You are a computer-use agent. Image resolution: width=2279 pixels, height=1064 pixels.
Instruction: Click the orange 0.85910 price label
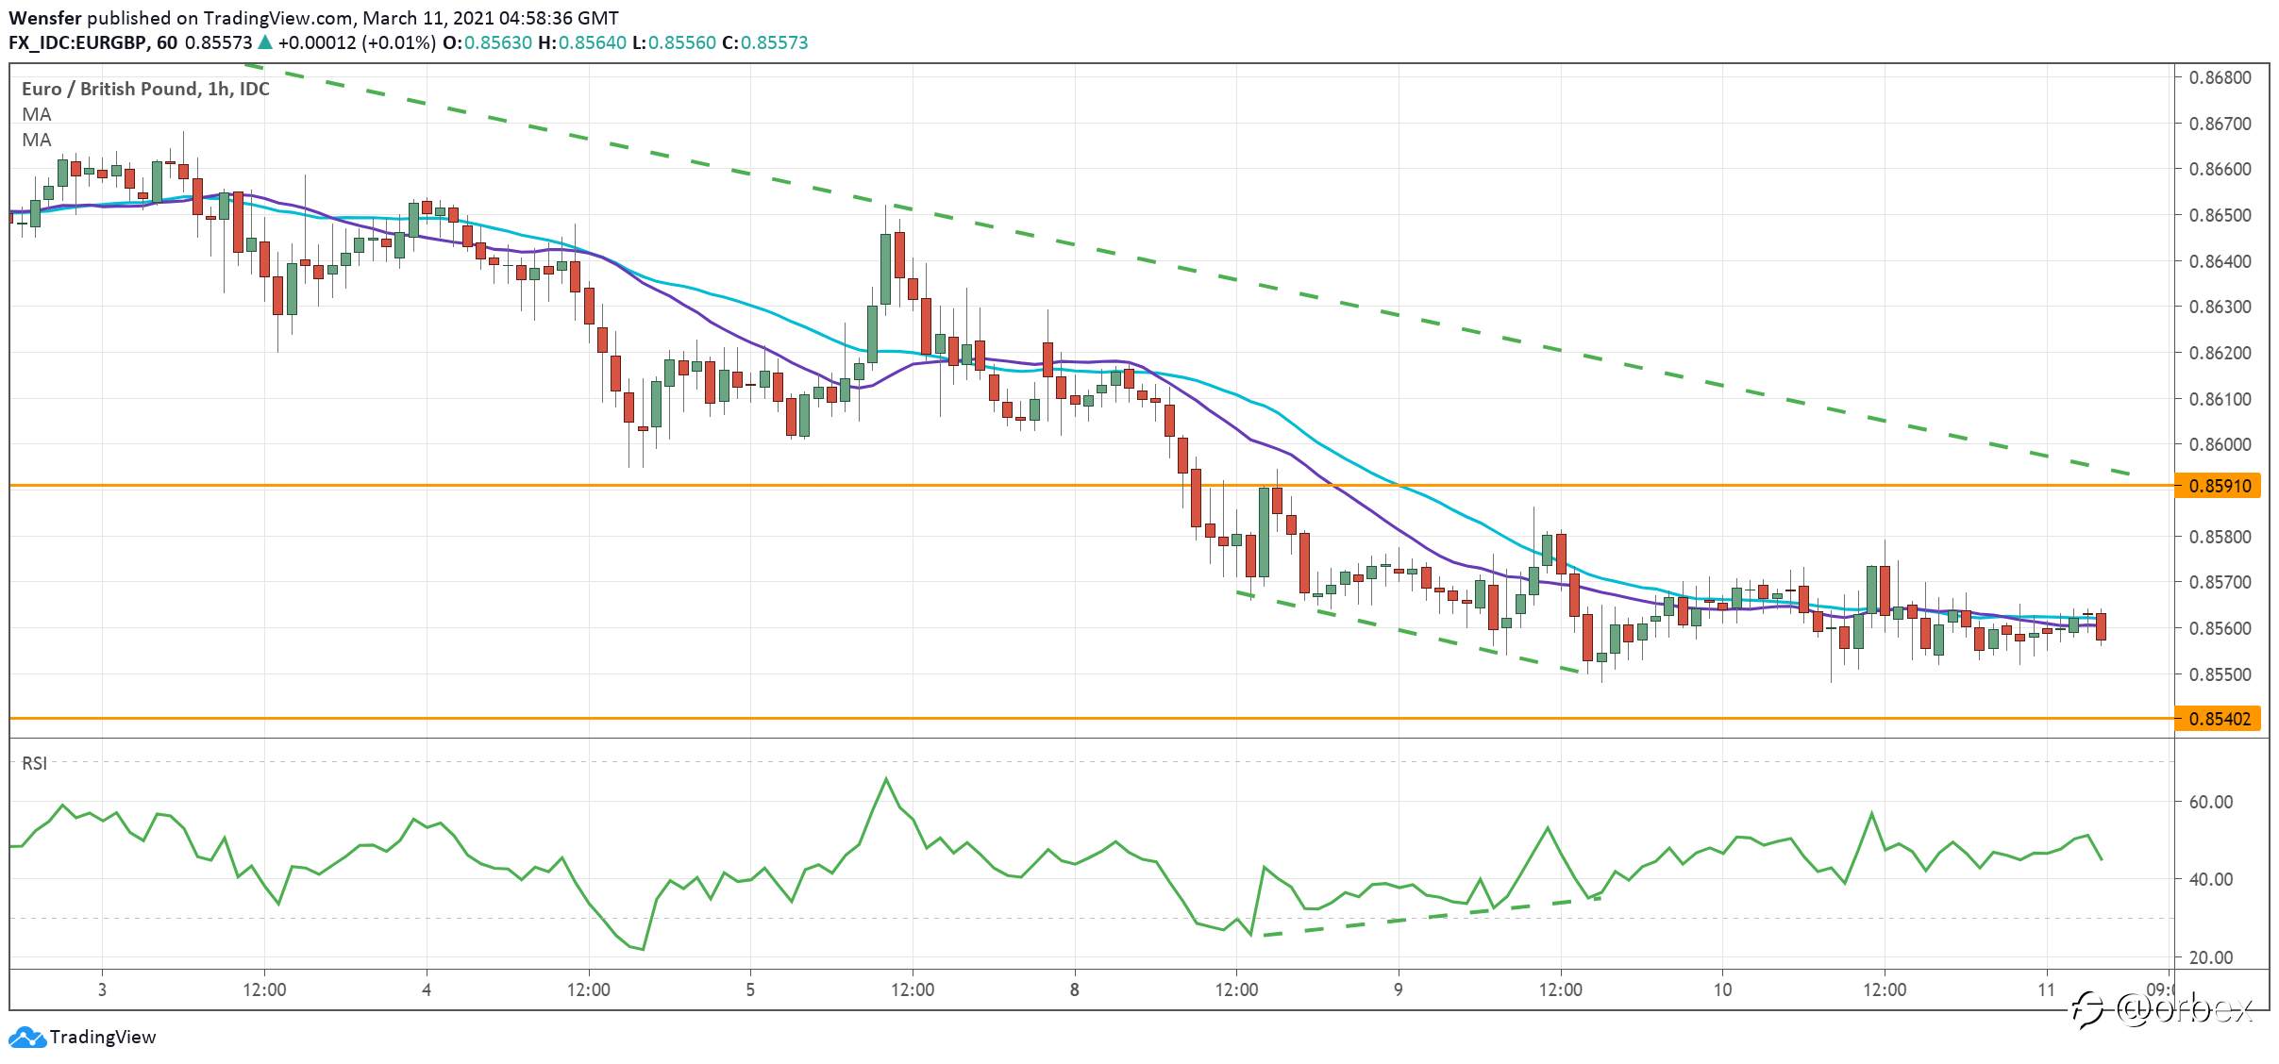coord(2218,486)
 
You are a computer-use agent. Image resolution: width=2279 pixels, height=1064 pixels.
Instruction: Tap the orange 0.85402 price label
coord(2218,719)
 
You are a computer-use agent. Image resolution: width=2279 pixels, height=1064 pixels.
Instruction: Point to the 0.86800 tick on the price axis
coord(2218,77)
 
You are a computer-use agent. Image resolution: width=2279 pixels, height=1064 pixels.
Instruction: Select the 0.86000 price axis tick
coord(2218,444)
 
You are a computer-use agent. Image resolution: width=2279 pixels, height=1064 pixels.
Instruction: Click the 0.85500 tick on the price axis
coord(2218,674)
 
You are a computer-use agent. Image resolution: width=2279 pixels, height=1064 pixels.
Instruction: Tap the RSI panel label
coord(35,763)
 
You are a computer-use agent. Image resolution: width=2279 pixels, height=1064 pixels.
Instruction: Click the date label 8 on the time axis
coord(1074,989)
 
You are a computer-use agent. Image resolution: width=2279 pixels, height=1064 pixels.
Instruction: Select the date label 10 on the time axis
coord(1722,989)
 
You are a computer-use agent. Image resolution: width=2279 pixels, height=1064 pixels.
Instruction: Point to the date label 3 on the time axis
coord(102,989)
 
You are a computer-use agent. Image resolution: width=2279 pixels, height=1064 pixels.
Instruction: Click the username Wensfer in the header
coord(45,18)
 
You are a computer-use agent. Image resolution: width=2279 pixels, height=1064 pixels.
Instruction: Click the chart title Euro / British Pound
coord(110,89)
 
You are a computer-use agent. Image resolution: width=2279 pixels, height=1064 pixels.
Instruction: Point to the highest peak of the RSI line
coord(886,778)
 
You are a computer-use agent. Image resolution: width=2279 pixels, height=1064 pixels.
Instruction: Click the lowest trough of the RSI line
coord(643,949)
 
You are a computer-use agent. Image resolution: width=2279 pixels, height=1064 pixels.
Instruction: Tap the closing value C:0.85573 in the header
coord(765,42)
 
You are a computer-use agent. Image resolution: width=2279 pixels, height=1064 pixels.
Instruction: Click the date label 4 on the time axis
coord(427,989)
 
